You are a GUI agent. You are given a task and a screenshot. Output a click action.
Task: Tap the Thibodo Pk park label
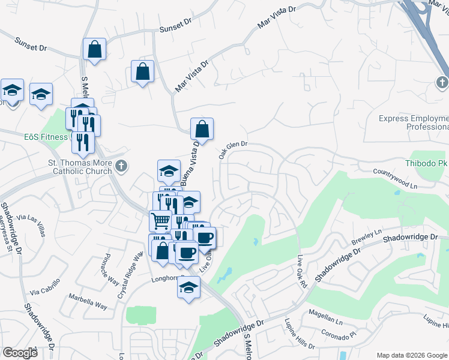431,161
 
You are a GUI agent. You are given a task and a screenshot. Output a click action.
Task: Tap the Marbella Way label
88,301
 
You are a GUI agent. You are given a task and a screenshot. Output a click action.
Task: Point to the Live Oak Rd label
302,272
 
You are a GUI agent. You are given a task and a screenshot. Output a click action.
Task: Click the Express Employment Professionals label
414,123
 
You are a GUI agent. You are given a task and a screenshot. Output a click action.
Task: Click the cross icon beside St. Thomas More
121,166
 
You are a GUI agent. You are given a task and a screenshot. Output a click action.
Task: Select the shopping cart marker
160,220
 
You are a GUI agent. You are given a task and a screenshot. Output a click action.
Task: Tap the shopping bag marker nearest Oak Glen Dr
202,128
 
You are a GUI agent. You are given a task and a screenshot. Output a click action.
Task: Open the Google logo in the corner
20,352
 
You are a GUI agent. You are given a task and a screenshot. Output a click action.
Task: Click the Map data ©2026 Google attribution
412,355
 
